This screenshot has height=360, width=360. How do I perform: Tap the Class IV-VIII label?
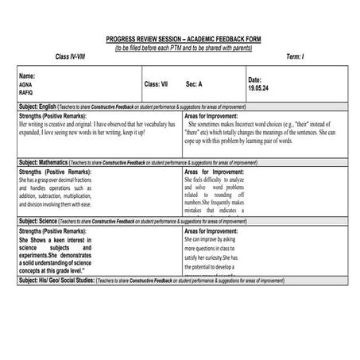click(x=73, y=56)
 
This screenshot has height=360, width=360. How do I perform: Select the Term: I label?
click(x=295, y=56)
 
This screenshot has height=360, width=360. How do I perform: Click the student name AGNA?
click(x=25, y=83)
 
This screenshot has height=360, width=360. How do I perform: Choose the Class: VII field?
click(x=157, y=83)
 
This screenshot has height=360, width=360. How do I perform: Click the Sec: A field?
click(x=195, y=83)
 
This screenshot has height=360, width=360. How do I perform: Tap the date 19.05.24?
click(x=259, y=89)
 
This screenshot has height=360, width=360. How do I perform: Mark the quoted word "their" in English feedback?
click(x=308, y=125)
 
